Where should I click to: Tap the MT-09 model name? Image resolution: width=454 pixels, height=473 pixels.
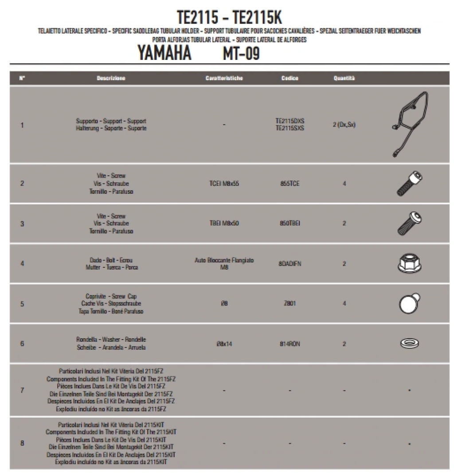tap(241, 54)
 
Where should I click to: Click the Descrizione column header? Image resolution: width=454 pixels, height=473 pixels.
tap(111, 78)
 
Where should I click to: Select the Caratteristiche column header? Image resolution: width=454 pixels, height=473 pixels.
tap(224, 78)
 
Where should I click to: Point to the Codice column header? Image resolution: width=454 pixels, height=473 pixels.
tap(290, 78)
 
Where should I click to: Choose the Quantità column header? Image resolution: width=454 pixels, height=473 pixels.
tap(344, 78)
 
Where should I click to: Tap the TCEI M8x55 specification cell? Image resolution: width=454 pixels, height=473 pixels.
tap(224, 184)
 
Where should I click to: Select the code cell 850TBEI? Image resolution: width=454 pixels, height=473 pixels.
tap(290, 223)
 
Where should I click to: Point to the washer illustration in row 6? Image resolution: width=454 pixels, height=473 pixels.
tap(409, 344)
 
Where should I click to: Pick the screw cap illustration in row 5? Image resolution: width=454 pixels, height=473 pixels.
tap(409, 303)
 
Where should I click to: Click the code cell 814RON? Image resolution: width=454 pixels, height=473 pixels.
tap(290, 344)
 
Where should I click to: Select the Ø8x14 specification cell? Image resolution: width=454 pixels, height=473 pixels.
tap(224, 344)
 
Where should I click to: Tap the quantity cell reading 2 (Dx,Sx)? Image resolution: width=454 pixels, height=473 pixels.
tap(344, 125)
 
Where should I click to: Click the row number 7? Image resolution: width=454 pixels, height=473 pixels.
tap(22, 390)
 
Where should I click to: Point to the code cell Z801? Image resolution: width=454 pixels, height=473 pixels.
tap(290, 304)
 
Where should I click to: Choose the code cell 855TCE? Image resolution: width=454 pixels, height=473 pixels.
tap(290, 184)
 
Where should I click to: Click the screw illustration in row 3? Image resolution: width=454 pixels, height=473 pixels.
tap(409, 223)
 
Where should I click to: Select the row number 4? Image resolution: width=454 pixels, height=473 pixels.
tap(22, 264)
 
